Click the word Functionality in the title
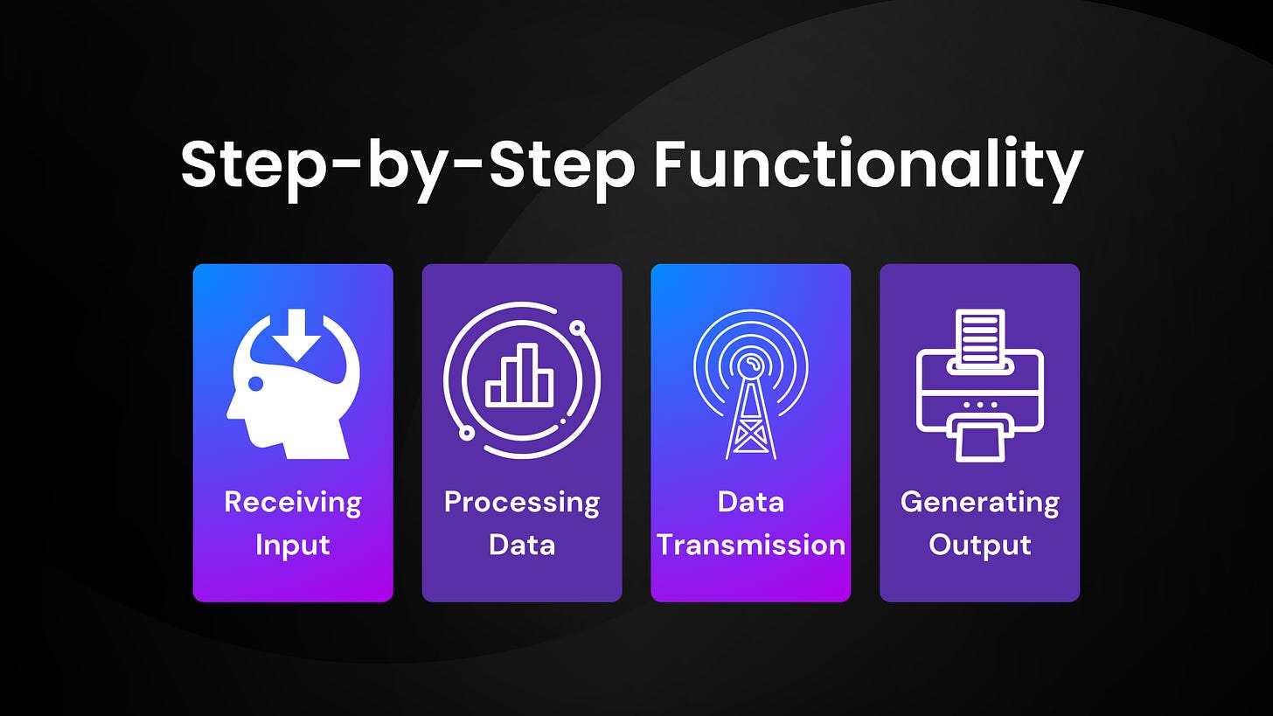pos(868,165)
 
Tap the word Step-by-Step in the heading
pos(407,165)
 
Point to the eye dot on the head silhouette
pos(255,383)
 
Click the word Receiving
pos(293,502)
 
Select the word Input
pos(293,545)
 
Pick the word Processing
pos(522,502)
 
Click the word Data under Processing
pos(522,545)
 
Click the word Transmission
pos(751,545)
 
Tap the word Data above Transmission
pos(751,502)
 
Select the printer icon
pos(979,385)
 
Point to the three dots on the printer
pos(979,405)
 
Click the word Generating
pos(979,502)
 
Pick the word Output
pos(979,545)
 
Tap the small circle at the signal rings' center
pos(749,362)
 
